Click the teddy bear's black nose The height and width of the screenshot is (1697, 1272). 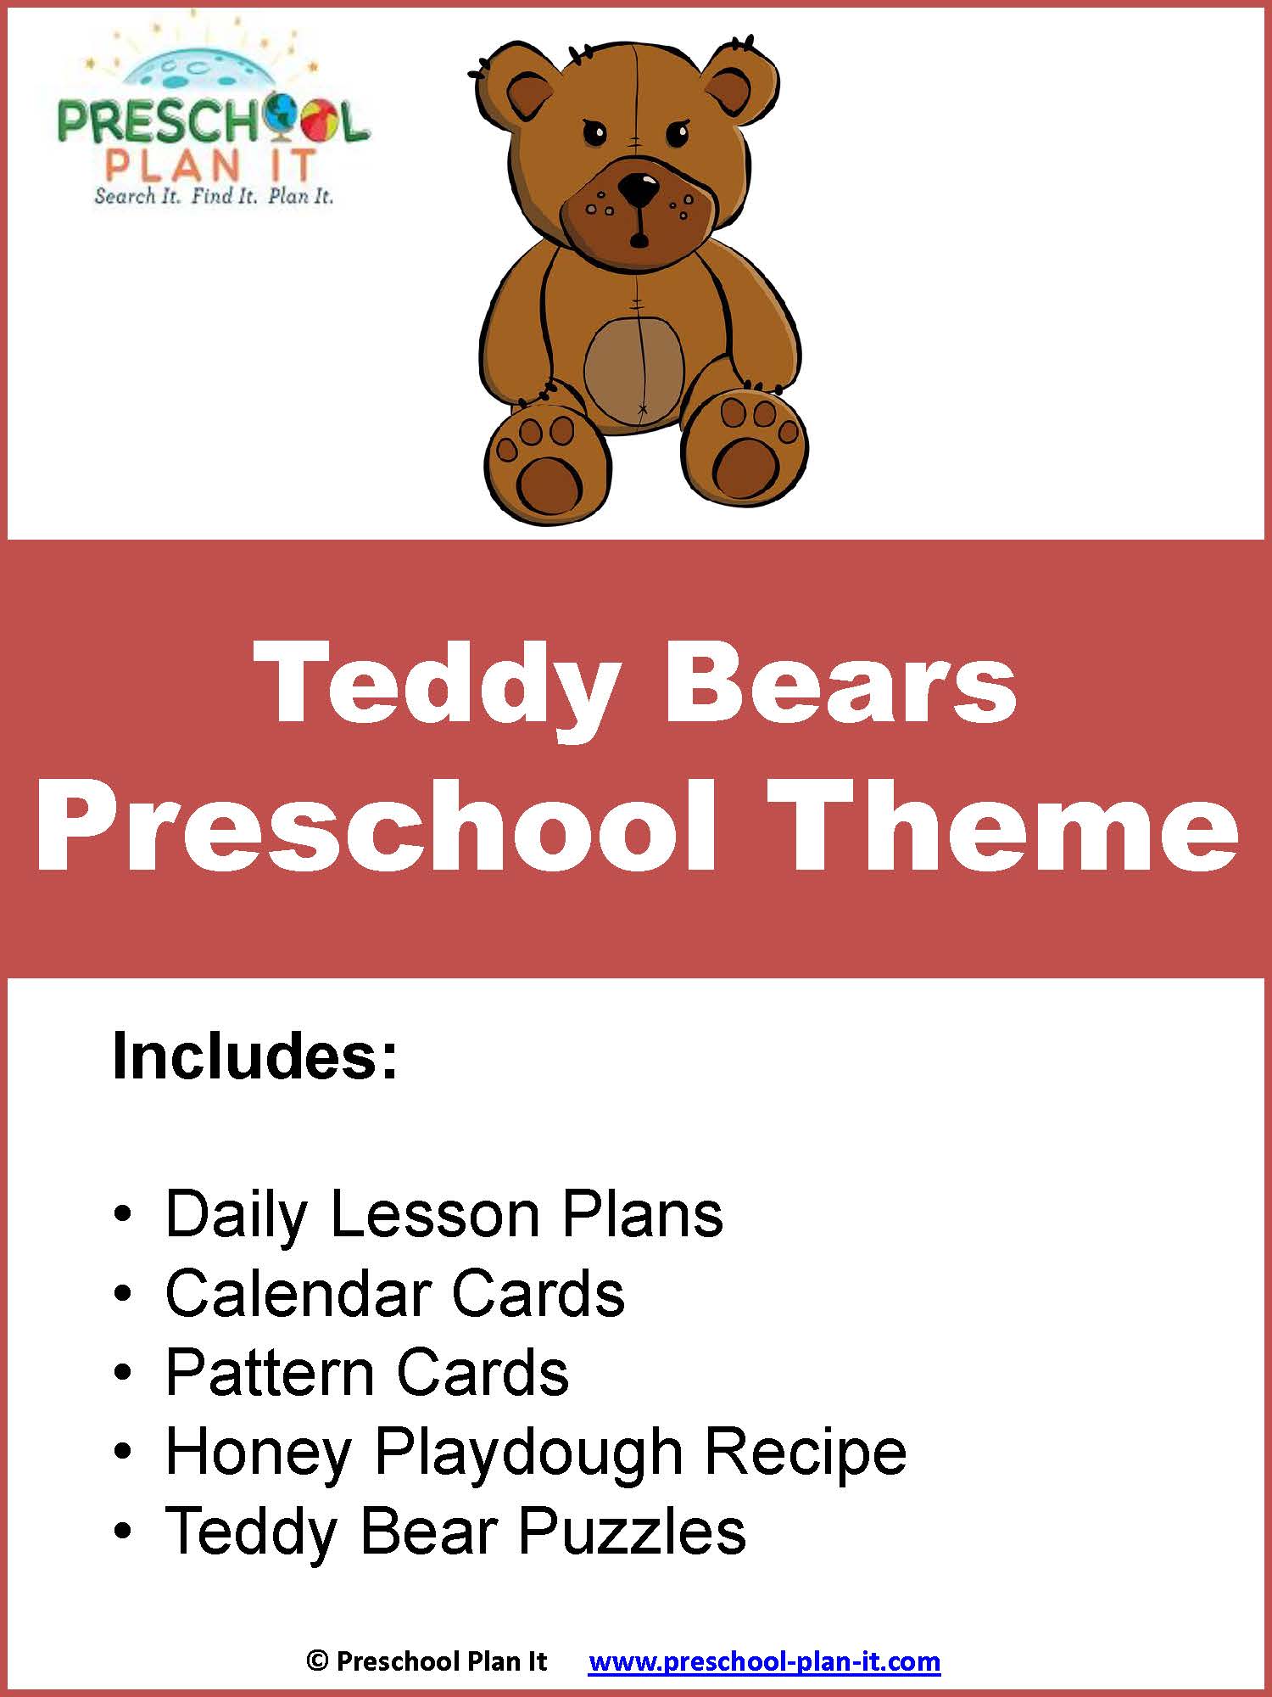click(638, 189)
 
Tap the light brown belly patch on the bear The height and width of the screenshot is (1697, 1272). click(634, 370)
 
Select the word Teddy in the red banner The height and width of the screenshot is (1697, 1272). click(440, 684)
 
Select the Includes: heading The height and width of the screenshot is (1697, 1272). click(254, 1056)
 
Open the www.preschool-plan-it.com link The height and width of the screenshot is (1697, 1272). click(764, 1661)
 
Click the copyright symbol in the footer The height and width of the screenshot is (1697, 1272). click(317, 1661)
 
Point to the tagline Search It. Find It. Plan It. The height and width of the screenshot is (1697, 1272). click(214, 196)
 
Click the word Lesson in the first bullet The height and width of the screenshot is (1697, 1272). click(435, 1214)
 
